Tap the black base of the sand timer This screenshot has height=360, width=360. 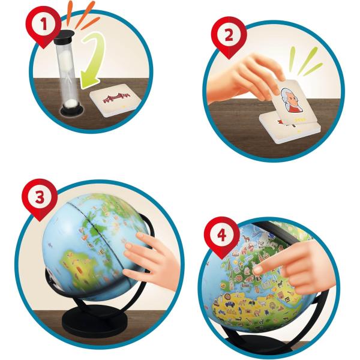coord(71,111)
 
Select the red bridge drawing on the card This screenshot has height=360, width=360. coord(116,97)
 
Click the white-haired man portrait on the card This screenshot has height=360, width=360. coord(290,100)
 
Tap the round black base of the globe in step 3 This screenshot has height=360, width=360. coord(95,320)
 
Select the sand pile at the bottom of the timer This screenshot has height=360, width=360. coord(71,104)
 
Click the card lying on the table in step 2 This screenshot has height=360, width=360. coord(290,129)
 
